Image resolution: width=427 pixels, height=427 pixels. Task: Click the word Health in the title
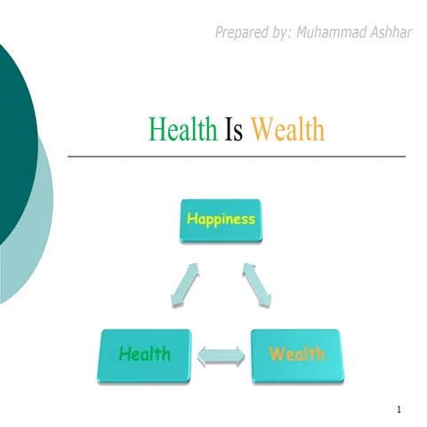182,132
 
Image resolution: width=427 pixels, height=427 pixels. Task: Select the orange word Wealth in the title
287,132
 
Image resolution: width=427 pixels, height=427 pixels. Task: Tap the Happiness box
220,220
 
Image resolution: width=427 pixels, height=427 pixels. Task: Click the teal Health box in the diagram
145,355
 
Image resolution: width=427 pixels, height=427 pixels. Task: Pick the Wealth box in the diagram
295,355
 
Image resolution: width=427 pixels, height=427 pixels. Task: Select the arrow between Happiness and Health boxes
181,285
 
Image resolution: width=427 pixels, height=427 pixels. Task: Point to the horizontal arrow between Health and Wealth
220,357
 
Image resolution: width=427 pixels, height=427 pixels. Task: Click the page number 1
401,409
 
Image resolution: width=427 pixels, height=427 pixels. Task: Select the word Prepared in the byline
241,34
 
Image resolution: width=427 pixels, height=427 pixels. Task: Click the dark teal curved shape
13,133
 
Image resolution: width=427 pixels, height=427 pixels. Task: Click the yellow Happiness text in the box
220,218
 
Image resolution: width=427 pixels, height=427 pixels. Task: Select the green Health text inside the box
145,354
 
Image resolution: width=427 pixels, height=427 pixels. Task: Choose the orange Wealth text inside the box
295,354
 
